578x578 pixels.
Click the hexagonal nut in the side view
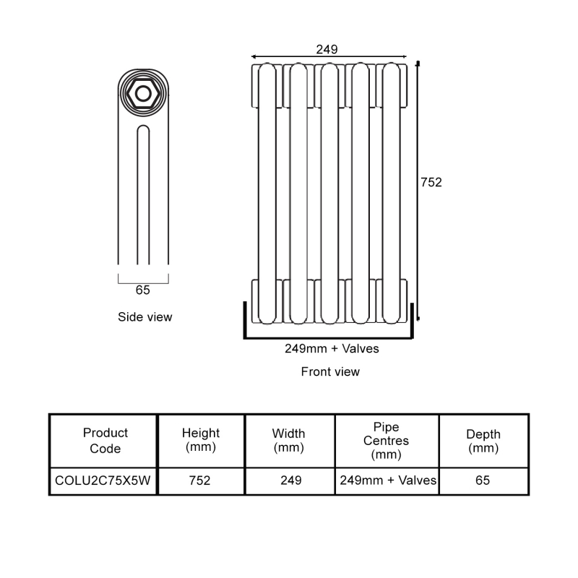click(x=143, y=94)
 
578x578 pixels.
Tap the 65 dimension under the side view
click(x=143, y=290)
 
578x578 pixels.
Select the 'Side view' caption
click(x=145, y=316)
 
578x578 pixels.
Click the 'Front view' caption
click(x=330, y=372)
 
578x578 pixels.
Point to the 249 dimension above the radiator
click(x=327, y=49)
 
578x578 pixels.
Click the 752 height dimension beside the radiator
click(x=431, y=182)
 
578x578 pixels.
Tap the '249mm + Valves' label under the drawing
click(x=332, y=348)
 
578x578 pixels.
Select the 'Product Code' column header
click(x=105, y=441)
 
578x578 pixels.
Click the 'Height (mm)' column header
click(x=201, y=441)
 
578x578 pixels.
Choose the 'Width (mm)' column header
click(x=288, y=441)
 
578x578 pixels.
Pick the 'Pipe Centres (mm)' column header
click(x=386, y=441)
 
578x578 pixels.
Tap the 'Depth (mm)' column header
click(x=483, y=441)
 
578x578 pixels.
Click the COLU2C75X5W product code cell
click(x=103, y=480)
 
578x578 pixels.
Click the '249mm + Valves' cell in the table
click(x=387, y=480)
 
